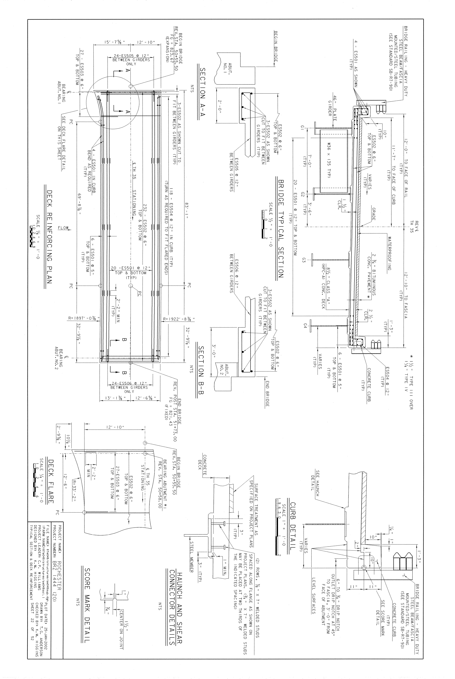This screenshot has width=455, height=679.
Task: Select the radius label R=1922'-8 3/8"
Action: click(178, 320)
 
